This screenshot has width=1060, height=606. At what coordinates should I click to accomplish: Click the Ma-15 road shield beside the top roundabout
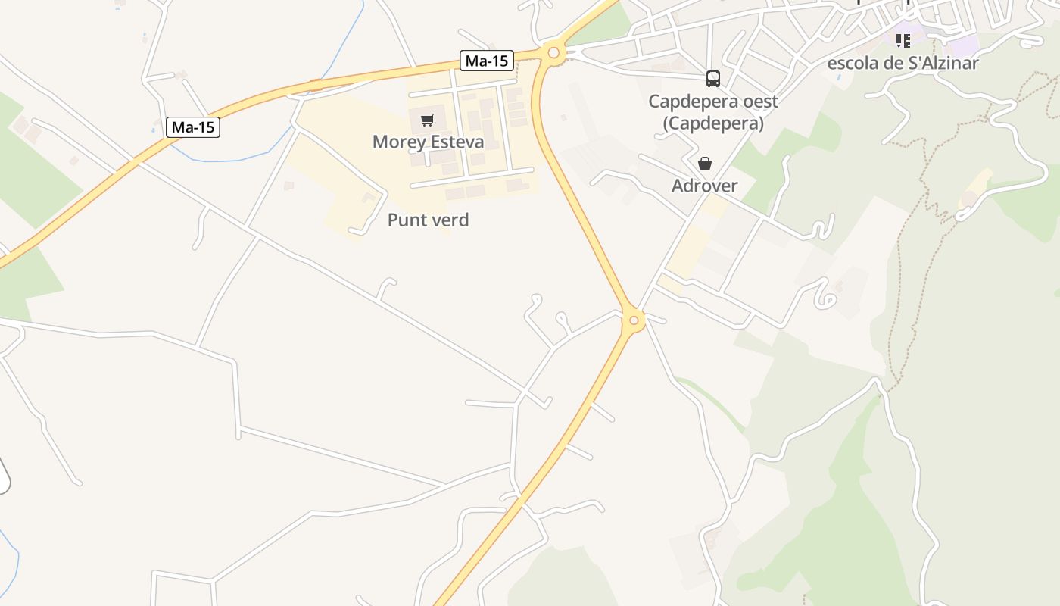tap(487, 61)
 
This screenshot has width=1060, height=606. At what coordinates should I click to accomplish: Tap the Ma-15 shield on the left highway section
tap(193, 127)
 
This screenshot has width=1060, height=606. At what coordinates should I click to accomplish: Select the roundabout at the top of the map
tap(553, 52)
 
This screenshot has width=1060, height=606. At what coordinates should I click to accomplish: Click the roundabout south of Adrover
tap(634, 320)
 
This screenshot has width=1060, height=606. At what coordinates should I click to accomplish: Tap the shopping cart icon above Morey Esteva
tap(427, 120)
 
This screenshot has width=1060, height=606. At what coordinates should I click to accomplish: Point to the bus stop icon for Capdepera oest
tap(712, 78)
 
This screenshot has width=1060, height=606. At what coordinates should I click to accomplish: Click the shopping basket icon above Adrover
tap(705, 164)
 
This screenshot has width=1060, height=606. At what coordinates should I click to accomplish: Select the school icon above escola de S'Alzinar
tap(903, 40)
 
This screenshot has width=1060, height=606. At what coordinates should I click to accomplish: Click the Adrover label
tap(704, 186)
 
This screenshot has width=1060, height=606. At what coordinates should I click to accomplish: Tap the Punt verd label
tap(428, 220)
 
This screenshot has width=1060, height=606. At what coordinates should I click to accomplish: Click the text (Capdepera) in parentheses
tap(713, 123)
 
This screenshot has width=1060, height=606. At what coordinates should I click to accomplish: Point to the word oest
tap(759, 101)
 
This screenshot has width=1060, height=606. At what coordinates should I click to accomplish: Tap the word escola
tap(852, 63)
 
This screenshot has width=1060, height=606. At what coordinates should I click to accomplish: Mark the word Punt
tap(406, 220)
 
